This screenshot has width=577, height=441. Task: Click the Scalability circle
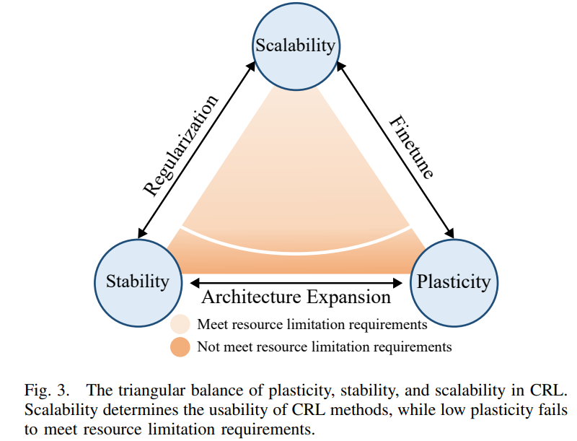pos(296,46)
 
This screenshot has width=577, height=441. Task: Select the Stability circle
pos(138,283)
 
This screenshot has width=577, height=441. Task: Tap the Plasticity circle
pos(454,283)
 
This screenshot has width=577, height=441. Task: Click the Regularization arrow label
pos(180,145)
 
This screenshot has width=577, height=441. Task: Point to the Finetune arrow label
pos(411,147)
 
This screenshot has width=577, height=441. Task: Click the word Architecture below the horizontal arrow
pos(251,297)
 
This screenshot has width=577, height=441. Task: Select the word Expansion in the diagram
pos(348,297)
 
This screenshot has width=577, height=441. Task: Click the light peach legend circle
pos(180,324)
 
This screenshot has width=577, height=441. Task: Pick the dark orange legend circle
pos(180,346)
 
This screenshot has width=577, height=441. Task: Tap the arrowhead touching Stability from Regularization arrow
pos(142,233)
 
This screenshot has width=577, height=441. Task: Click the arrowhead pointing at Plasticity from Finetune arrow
pos(449,233)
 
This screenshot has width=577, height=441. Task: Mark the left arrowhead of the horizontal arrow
pos(195,283)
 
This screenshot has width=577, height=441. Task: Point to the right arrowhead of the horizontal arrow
pos(398,283)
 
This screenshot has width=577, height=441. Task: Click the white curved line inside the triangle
pos(296,253)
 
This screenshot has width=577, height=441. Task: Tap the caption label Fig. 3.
pos(47,390)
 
